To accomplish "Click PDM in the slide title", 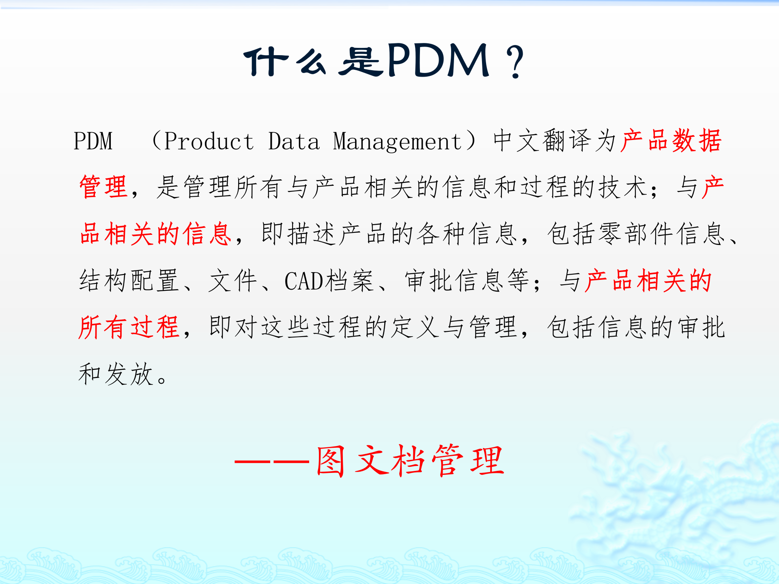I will point(438,61).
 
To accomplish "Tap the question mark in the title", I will point(516,62).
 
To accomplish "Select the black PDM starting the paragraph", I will point(93,141).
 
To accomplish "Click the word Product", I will point(209,141).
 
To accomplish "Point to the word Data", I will point(294,141).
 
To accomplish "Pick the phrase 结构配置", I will point(129,280).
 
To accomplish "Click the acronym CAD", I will point(303,281).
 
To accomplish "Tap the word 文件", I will point(232,280).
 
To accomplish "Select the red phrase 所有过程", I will point(129,327).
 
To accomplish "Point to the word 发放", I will point(129,374).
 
